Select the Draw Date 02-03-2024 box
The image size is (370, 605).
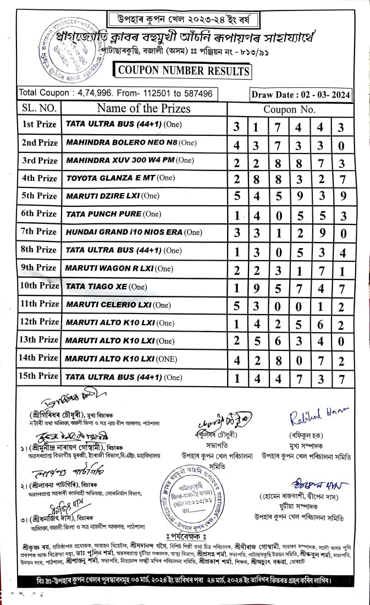click(x=301, y=95)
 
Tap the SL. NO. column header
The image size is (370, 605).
click(x=38, y=108)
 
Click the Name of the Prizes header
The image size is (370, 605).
click(x=143, y=108)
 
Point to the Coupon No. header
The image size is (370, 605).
click(x=289, y=109)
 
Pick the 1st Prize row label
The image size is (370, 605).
click(x=39, y=125)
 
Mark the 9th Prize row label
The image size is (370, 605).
click(x=39, y=268)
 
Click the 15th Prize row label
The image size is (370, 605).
click(x=39, y=376)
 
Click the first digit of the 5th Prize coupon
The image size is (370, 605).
click(x=236, y=196)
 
